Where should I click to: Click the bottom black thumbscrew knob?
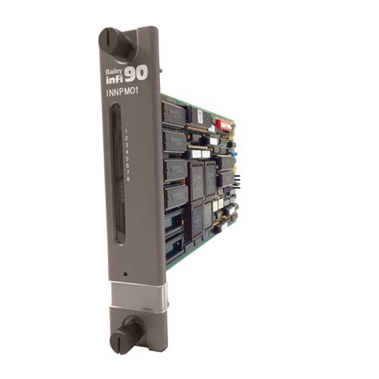[x=129, y=331]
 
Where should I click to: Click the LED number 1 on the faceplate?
[x=127, y=129]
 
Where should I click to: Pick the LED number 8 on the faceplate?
[x=129, y=178]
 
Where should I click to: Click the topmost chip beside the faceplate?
[x=174, y=114]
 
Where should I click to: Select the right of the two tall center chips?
[x=211, y=178]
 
